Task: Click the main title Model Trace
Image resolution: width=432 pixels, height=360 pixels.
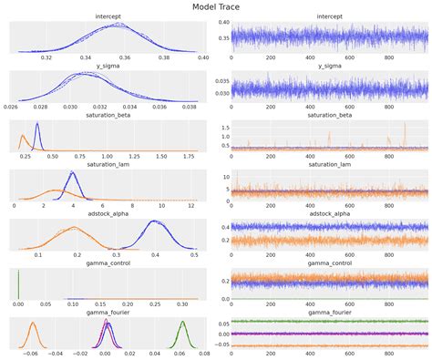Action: pos(216,6)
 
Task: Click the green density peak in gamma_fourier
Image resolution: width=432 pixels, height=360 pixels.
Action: pos(183,322)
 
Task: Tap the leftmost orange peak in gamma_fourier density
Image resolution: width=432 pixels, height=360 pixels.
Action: pos(33,323)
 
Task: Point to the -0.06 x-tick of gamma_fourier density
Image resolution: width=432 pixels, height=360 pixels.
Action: pos(33,353)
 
